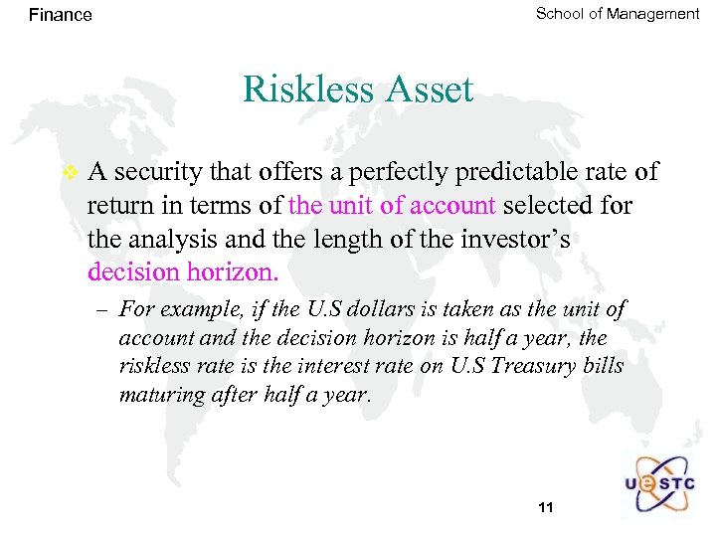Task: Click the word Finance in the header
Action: [x=60, y=15]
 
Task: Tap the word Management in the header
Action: [x=651, y=14]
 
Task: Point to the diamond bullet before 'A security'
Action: [x=69, y=172]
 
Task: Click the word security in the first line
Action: [x=154, y=172]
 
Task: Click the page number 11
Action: [x=544, y=508]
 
